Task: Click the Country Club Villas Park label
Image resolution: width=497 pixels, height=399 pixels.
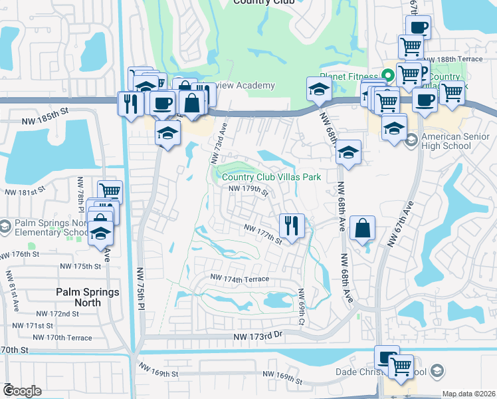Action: [x=271, y=177]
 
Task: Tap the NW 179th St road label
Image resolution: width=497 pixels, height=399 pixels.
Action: [x=248, y=190]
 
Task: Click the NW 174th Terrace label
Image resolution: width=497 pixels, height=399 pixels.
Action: [x=240, y=278]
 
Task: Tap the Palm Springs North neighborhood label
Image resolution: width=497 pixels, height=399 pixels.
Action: [x=88, y=297]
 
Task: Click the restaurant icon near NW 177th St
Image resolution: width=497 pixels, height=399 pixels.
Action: [x=291, y=226]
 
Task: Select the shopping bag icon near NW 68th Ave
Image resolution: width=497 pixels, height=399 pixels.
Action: [x=362, y=229]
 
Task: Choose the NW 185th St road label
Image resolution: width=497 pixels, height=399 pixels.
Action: [x=45, y=111]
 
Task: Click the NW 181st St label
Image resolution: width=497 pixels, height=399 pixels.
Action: [x=27, y=192]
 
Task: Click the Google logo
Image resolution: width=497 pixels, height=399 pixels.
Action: [x=22, y=391]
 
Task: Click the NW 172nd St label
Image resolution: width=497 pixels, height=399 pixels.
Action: [x=58, y=313]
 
